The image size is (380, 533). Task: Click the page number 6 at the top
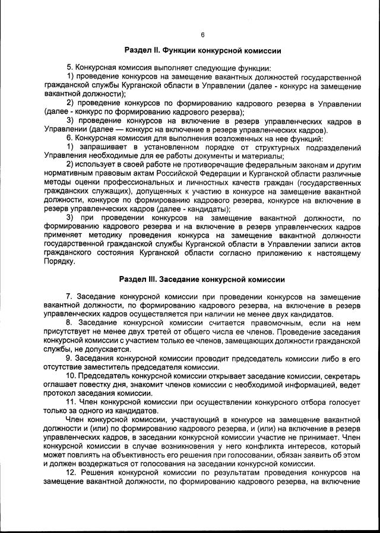202,34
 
